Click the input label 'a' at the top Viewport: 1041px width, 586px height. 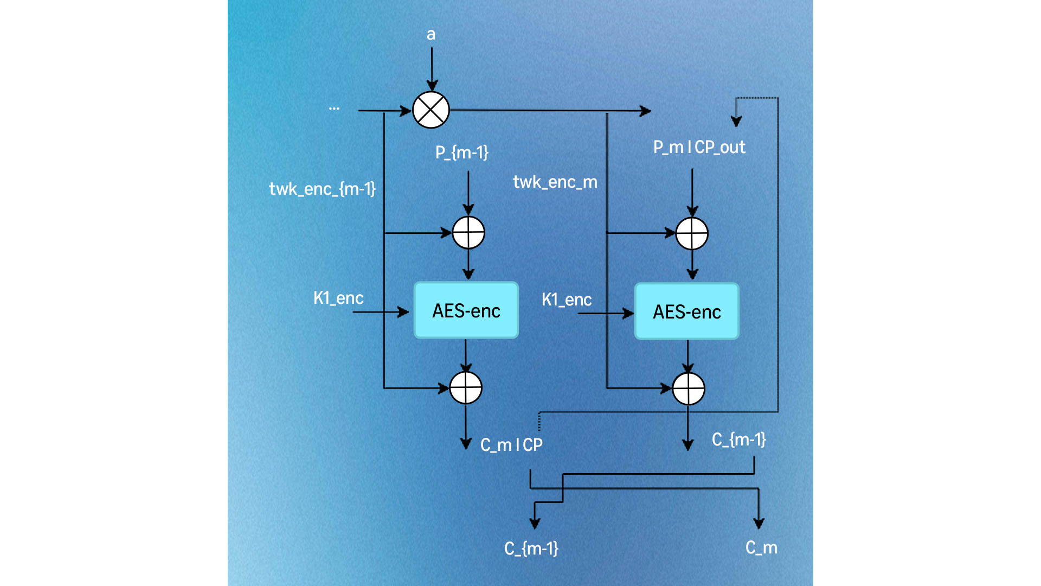click(431, 35)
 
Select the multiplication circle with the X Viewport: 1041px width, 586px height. click(431, 110)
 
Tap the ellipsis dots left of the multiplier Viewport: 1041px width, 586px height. click(334, 109)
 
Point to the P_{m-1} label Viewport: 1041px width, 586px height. click(462, 152)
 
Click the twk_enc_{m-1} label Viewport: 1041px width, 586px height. click(322, 189)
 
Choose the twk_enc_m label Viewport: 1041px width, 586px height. click(555, 182)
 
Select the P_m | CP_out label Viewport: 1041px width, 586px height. click(699, 147)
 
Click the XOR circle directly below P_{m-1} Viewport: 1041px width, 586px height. click(468, 233)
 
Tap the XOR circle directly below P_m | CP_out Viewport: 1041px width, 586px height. click(692, 234)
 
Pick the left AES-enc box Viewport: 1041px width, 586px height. click(466, 310)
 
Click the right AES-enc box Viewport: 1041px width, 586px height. click(687, 311)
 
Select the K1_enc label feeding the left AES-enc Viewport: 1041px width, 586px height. click(338, 298)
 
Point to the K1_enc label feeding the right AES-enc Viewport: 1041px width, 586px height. click(567, 300)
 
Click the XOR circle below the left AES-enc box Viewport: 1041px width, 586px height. click(466, 388)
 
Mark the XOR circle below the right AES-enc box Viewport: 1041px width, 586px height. click(689, 389)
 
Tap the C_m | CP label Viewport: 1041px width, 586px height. click(511, 445)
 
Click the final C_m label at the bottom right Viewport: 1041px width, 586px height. click(761, 547)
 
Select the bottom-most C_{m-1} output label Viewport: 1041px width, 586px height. click(531, 549)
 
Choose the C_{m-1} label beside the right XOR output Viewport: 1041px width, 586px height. click(739, 439)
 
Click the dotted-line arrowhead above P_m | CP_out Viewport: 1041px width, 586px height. click(736, 122)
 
